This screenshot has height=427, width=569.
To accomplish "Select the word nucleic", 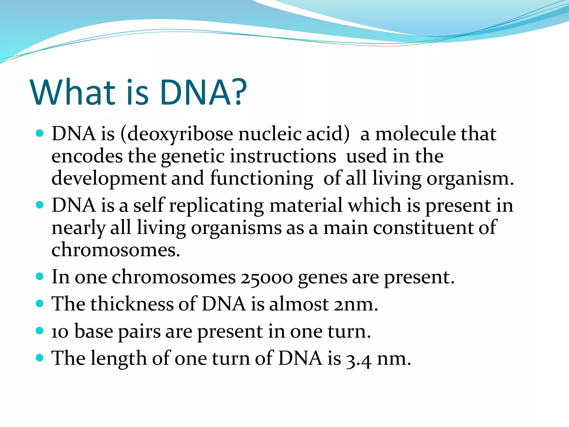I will (x=270, y=134).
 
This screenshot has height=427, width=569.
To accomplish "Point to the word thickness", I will (x=132, y=304).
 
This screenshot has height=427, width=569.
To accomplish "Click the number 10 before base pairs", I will (x=60, y=332).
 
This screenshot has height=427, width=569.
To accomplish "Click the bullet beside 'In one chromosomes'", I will (x=40, y=277).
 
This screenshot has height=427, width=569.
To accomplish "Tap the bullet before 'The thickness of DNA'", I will (x=40, y=303).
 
